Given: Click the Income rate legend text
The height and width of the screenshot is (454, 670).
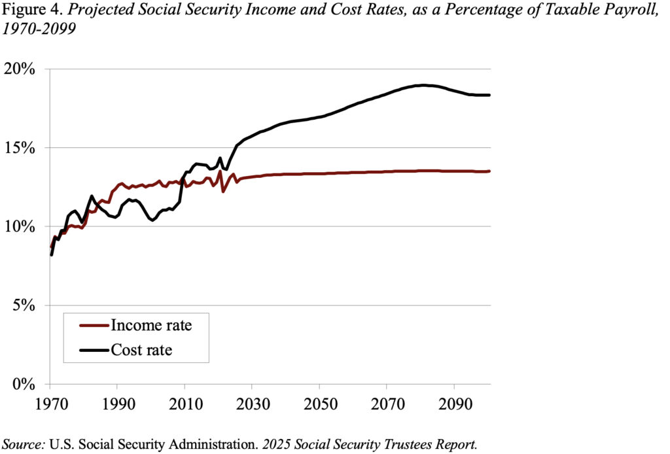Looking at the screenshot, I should [151, 325].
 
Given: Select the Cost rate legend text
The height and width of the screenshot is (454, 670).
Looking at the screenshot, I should [142, 350].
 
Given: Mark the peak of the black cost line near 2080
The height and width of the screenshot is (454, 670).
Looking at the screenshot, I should [424, 85].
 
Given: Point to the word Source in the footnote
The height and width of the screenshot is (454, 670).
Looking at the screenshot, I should [24, 443].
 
